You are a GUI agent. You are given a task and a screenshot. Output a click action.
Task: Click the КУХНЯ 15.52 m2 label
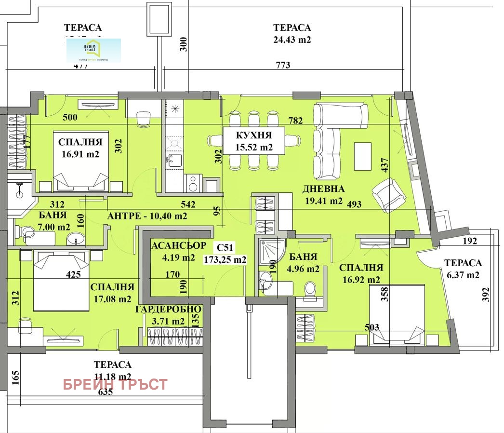(x=253, y=141)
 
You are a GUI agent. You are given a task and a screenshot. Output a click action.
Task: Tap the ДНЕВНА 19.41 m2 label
(x=323, y=195)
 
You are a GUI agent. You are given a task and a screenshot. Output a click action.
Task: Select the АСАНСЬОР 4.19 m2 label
(x=179, y=251)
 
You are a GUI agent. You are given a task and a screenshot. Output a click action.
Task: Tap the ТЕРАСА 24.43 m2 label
(x=292, y=34)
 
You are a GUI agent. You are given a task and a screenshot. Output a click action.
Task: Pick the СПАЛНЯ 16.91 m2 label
(x=80, y=148)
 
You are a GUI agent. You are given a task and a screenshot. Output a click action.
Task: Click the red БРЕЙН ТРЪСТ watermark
(x=115, y=384)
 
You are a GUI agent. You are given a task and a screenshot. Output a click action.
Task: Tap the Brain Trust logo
(x=93, y=51)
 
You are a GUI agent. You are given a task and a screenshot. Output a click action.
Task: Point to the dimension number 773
(x=283, y=65)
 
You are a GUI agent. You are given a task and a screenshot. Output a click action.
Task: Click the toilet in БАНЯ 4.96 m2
(x=310, y=289)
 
